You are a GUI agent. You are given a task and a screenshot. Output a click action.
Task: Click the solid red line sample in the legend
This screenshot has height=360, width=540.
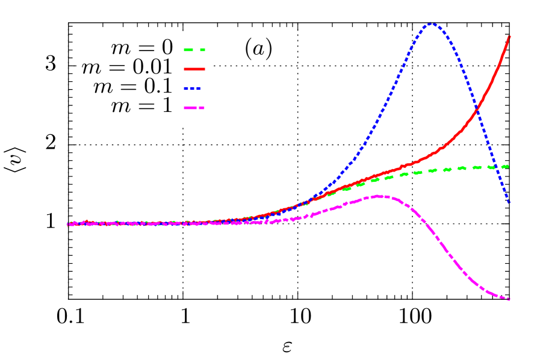pyautogui.click(x=194, y=69)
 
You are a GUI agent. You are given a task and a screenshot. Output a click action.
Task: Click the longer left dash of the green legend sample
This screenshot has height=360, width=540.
pyautogui.click(x=188, y=50)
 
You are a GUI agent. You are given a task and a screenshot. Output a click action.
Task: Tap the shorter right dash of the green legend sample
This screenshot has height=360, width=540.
pyautogui.click(x=202, y=50)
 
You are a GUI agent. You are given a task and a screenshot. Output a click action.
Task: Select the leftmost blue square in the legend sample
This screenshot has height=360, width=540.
pyautogui.click(x=186, y=88)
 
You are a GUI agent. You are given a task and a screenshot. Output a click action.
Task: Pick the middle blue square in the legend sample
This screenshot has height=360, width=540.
pyautogui.click(x=193, y=88)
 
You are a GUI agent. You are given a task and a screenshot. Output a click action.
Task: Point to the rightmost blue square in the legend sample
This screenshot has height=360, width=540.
pyautogui.click(x=199, y=88)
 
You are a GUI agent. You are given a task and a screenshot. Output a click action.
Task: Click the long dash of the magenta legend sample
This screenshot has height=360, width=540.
pyautogui.click(x=191, y=108)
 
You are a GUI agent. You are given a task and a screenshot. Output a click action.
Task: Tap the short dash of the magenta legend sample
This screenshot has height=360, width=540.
pyautogui.click(x=202, y=108)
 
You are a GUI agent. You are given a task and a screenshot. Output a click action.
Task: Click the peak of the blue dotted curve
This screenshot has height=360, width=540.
pyautogui.click(x=431, y=23)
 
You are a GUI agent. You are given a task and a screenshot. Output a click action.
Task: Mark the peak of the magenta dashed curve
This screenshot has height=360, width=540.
pyautogui.click(x=378, y=196)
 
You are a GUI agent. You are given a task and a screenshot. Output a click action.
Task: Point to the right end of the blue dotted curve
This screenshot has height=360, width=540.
pyautogui.click(x=509, y=202)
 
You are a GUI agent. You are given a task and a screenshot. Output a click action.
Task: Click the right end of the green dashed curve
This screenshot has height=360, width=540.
pyautogui.click(x=508, y=166)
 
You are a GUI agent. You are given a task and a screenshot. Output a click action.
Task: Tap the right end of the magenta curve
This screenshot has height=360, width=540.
pyautogui.click(x=509, y=299)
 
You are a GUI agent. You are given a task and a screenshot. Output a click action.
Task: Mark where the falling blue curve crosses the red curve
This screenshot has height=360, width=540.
pyautogui.click(x=477, y=110)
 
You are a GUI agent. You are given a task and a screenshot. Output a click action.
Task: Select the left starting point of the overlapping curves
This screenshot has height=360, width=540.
pyautogui.click(x=69, y=224)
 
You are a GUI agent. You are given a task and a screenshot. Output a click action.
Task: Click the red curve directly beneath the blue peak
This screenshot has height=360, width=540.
pyautogui.click(x=431, y=156)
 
